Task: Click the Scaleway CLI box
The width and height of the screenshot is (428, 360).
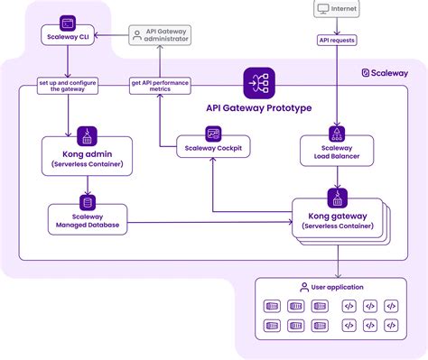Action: pos(69,38)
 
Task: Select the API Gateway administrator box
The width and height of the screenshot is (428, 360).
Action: pos(160,35)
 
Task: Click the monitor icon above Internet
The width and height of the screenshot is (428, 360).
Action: pos(322,10)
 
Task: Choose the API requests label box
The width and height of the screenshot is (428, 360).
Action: pos(337,40)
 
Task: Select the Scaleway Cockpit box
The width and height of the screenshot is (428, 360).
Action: pos(213,148)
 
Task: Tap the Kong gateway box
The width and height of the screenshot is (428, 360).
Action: pos(337,222)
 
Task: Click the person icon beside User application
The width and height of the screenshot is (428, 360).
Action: pos(303,287)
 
